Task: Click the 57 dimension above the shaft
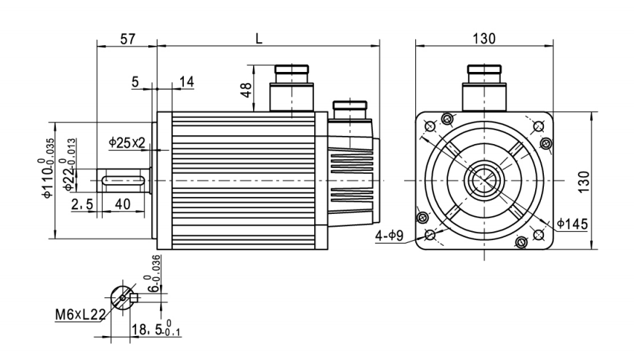pyautogui.click(x=127, y=39)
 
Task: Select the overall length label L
pyautogui.click(x=258, y=39)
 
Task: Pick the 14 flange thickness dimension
pyautogui.click(x=187, y=81)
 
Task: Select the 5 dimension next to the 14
pyautogui.click(x=136, y=81)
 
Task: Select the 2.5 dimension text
pyautogui.click(x=82, y=206)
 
